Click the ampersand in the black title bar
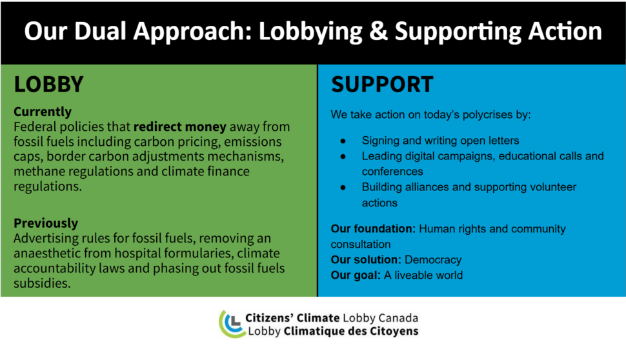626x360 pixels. coord(378,31)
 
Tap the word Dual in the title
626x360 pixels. coord(100,31)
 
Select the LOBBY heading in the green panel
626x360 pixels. coord(48,85)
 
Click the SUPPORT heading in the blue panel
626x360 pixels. coord(382,85)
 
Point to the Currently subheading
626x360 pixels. coord(43,112)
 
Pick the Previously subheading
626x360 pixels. coord(46,223)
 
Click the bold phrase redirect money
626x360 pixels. coord(180,126)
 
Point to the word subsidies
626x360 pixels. coord(42,283)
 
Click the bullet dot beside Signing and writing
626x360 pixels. coord(343,141)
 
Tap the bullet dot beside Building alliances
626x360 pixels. coord(343,188)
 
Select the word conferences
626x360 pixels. coord(392,172)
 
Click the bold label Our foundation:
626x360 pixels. coord(373,228)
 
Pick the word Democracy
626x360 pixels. coord(433,260)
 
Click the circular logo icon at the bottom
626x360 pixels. coord(232,324)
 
